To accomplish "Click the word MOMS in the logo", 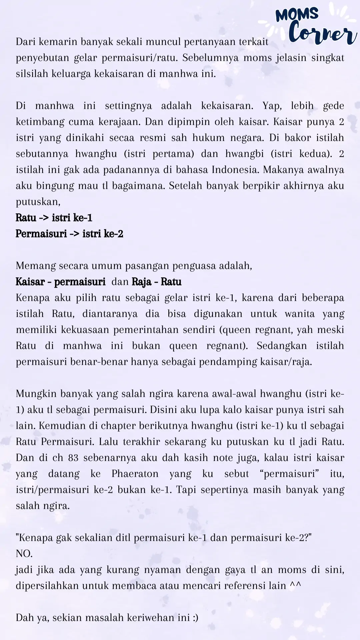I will (297, 15).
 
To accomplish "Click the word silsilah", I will (32, 74).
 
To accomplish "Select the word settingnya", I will (128, 106).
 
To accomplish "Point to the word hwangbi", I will (244, 154).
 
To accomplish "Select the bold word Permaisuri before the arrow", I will (41, 234).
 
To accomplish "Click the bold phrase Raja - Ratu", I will (157, 282).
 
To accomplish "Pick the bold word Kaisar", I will (30, 282).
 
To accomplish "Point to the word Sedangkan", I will (282, 346).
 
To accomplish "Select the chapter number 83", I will (73, 458).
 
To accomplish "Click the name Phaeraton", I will (135, 474).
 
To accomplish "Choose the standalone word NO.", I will (24, 554).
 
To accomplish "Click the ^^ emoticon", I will (295, 586).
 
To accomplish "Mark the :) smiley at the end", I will (195, 618).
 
